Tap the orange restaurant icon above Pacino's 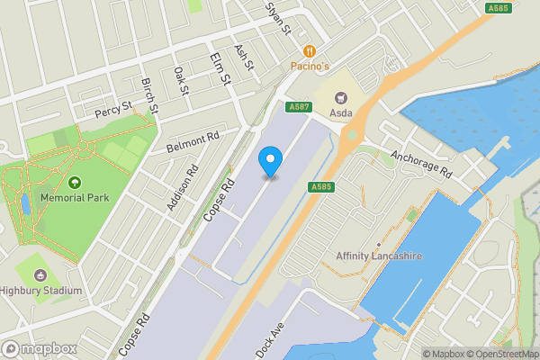point(310,51)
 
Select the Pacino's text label point(310,67)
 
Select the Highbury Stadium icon point(40,275)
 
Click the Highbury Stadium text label point(41,291)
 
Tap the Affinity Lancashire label point(379,256)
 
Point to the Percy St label point(114,112)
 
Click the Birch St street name point(149,94)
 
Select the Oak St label point(182,81)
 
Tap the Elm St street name point(220,69)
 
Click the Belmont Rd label point(192,144)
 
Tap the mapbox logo point(38,348)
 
